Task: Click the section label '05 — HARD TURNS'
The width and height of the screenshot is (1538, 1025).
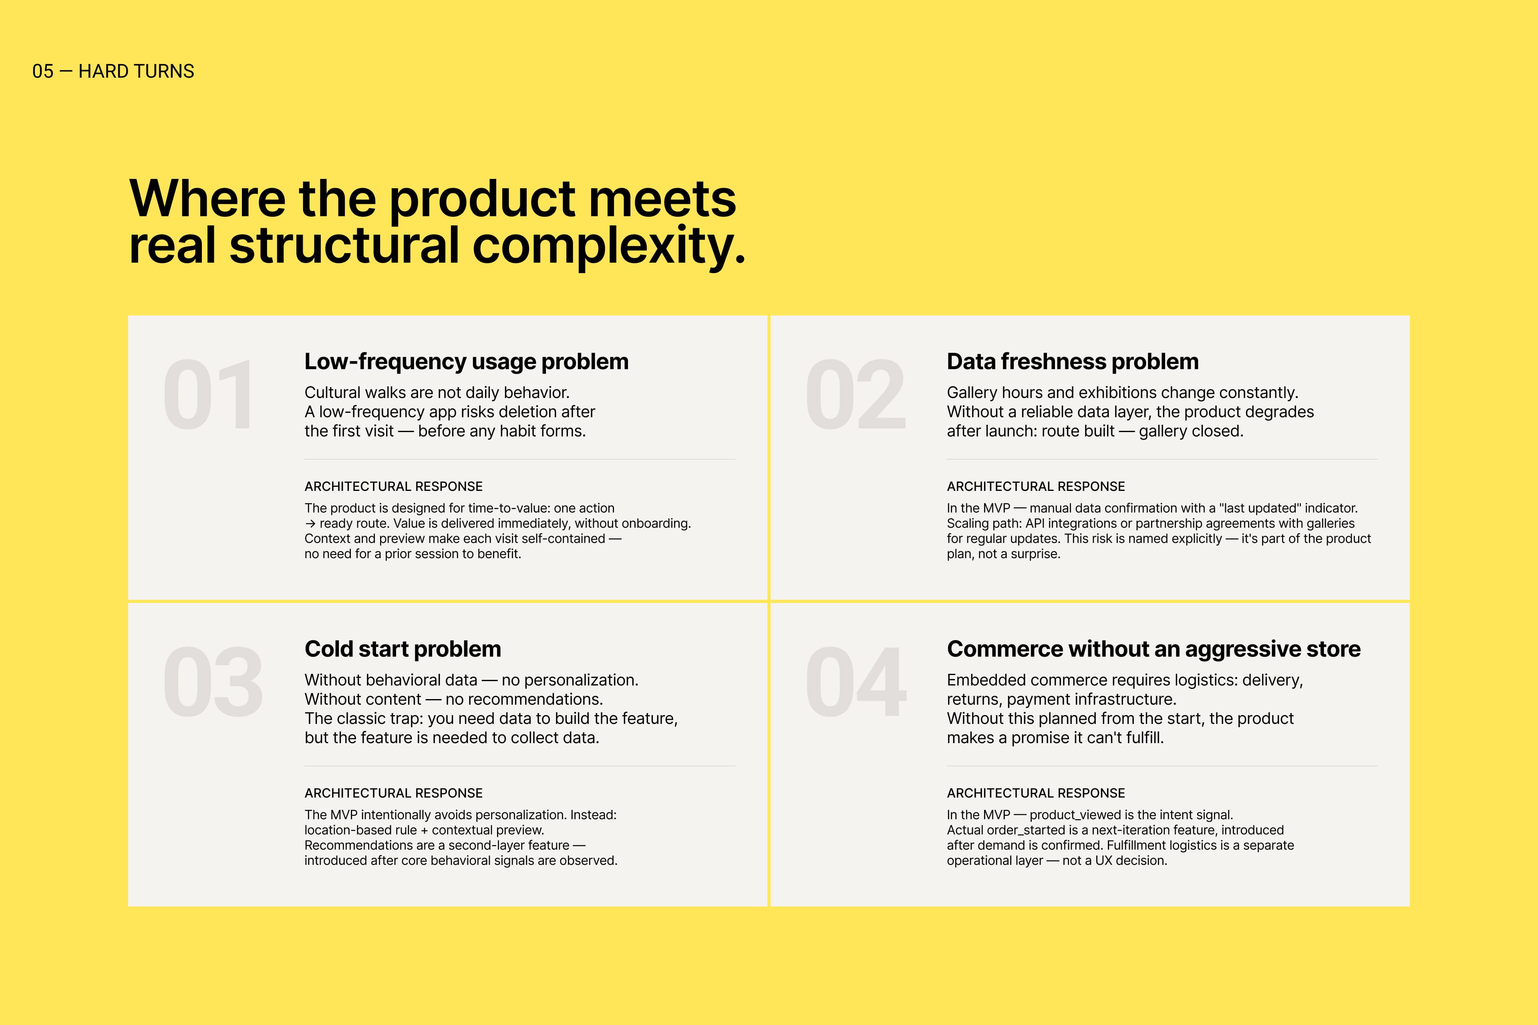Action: tap(113, 71)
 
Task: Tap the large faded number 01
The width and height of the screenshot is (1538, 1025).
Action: tap(208, 396)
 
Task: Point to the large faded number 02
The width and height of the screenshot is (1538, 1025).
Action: tap(856, 396)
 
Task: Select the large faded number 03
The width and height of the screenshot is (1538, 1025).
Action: tap(213, 682)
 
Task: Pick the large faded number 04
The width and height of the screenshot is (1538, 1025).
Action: tap(856, 682)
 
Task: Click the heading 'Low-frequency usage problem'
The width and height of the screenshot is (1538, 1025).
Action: tap(466, 362)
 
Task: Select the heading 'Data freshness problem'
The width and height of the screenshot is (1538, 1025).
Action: tap(1073, 362)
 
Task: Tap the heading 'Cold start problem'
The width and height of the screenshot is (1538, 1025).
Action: tap(403, 649)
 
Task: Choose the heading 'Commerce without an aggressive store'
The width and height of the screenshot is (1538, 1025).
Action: tap(1153, 649)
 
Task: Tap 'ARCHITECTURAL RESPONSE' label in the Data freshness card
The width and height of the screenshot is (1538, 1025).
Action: tap(1036, 486)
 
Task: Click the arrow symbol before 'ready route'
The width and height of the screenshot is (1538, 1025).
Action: tap(311, 524)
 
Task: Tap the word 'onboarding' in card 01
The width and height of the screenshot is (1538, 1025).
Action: tap(656, 524)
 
